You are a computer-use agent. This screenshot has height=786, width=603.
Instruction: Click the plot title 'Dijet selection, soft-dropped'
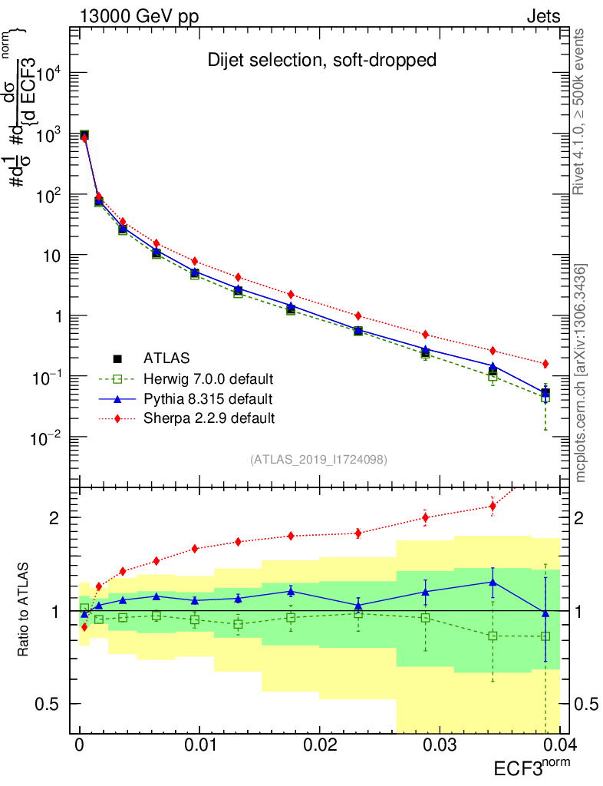click(321, 61)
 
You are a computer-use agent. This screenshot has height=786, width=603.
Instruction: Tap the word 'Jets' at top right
click(542, 16)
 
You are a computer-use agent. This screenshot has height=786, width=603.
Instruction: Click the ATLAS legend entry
click(166, 358)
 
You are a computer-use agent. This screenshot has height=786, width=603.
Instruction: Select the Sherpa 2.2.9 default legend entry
click(209, 418)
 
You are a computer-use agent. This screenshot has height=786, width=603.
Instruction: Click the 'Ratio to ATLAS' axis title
click(25, 609)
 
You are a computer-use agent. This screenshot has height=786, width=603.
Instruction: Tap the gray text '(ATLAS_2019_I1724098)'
click(318, 460)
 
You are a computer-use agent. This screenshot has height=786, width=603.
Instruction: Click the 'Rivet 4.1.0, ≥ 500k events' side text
click(582, 111)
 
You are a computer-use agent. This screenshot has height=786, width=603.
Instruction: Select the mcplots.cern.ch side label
click(582, 372)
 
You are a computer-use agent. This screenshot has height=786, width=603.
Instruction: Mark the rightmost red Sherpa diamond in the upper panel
click(545, 363)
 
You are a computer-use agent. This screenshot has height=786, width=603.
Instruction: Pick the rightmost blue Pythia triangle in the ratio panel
click(545, 613)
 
